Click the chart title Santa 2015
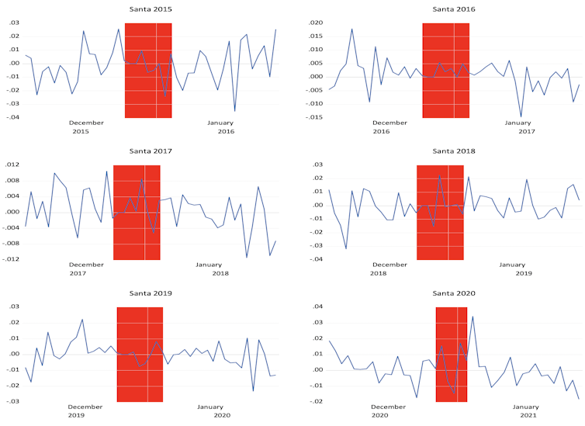tap(151, 9)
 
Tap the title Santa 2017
tap(151, 151)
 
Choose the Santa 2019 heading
tap(151, 293)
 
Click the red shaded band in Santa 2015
tap(148, 71)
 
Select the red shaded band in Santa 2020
tap(451, 355)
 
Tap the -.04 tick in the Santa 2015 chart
tap(12, 117)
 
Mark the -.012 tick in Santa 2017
tap(10, 259)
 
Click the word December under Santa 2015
tap(86, 123)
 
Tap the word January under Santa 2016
tap(519, 123)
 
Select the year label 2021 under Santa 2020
tap(528, 416)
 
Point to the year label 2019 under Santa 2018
tap(524, 274)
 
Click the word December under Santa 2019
tap(86, 407)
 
